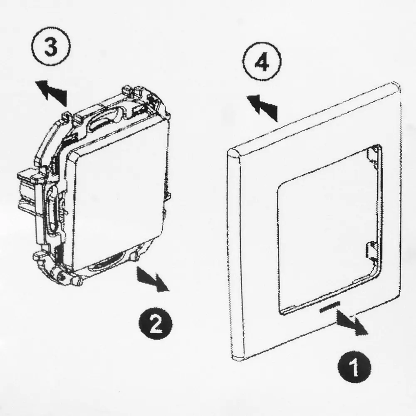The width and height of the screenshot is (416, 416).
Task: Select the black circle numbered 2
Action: (x=155, y=324)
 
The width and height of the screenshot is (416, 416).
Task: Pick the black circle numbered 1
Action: (x=354, y=367)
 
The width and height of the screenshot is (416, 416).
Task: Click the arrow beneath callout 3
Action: (x=51, y=92)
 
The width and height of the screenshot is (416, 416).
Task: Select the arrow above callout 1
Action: (x=352, y=322)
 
